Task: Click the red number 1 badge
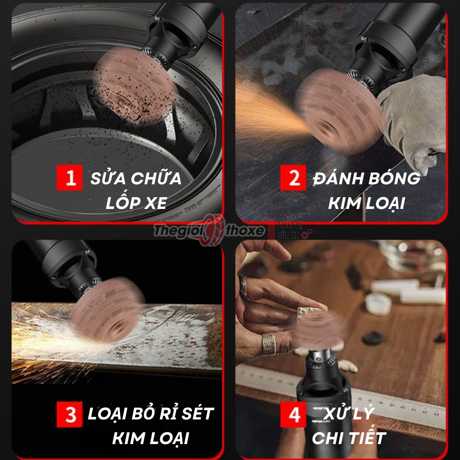pyautogui.click(x=69, y=179)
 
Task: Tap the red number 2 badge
pyautogui.click(x=294, y=179)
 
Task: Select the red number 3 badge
pyautogui.click(x=69, y=414)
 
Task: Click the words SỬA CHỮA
pyautogui.click(x=136, y=179)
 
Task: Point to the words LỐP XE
pyautogui.click(x=136, y=203)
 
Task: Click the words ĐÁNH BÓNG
pyautogui.click(x=366, y=179)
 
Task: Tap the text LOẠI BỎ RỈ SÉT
pyautogui.click(x=150, y=413)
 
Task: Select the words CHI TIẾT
pyautogui.click(x=349, y=438)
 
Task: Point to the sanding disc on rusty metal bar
pyautogui.click(x=107, y=310)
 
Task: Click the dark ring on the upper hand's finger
pyautogui.click(x=243, y=287)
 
